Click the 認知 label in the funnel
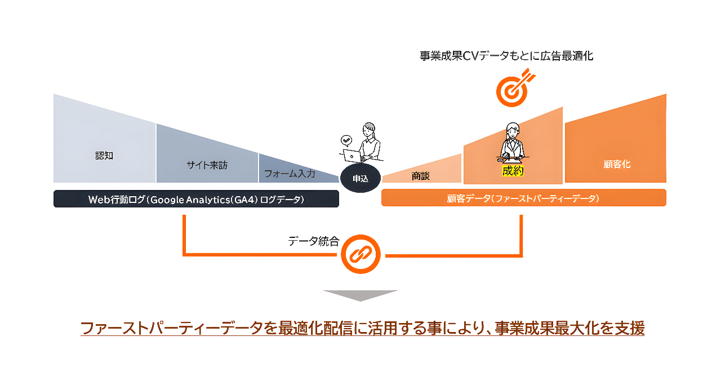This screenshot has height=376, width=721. click(104, 156)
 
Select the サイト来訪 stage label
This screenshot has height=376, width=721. click(207, 165)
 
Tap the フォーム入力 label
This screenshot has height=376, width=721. click(290, 174)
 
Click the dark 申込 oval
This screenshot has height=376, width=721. click(360, 178)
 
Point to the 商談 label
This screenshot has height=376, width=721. click(420, 176)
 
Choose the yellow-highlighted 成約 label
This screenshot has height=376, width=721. click(513, 171)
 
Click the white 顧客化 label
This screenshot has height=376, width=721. click(617, 164)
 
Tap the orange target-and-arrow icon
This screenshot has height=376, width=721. click(515, 87)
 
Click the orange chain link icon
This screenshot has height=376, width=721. click(360, 254)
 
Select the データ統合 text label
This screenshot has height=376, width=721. click(314, 241)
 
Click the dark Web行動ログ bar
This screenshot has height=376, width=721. click(196, 199)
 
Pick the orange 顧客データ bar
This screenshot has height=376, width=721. click(524, 198)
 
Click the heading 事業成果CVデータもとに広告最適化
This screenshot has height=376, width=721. click(506, 56)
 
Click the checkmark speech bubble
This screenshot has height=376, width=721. click(346, 140)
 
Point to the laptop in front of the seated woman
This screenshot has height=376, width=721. click(352, 156)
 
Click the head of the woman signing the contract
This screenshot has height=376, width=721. click(513, 130)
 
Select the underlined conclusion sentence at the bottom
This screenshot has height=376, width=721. click(362, 328)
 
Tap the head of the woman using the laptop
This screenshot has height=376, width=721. click(369, 130)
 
